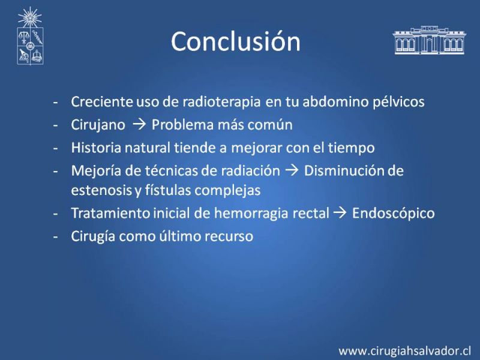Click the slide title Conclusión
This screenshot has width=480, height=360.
pyautogui.click(x=236, y=41)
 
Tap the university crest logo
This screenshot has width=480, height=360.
pyautogui.click(x=30, y=36)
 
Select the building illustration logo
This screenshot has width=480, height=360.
pyautogui.click(x=429, y=40)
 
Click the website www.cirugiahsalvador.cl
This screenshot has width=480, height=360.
pyautogui.click(x=404, y=350)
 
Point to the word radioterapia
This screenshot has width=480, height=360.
pyautogui.click(x=221, y=101)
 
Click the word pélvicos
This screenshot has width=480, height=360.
pyautogui.click(x=398, y=101)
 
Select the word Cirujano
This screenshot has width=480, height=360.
pyautogui.click(x=98, y=125)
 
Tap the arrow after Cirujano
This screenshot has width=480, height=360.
pyautogui.click(x=139, y=125)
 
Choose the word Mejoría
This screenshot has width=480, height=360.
pyautogui.click(x=96, y=170)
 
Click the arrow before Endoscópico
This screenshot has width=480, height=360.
pyautogui.click(x=340, y=213)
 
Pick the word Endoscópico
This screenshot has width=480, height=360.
pyautogui.click(x=394, y=213)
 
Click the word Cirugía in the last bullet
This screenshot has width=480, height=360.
pyautogui.click(x=93, y=236)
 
